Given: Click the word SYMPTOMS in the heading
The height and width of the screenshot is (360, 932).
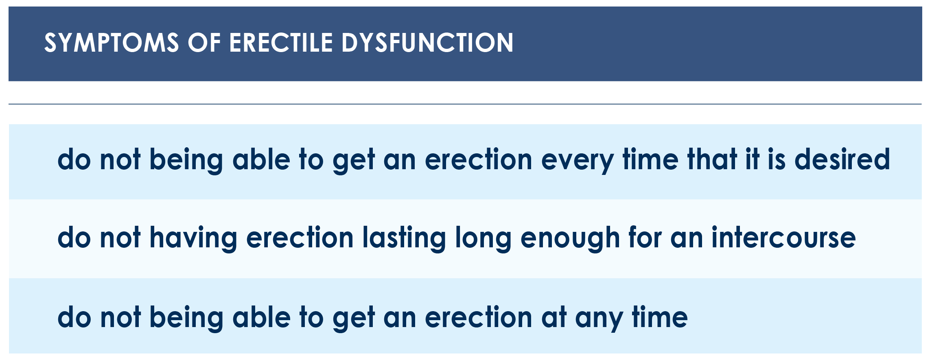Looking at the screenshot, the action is (112, 43).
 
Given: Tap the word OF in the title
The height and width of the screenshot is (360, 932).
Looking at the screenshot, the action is (204, 43).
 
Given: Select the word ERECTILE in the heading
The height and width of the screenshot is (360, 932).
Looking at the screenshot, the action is (281, 43).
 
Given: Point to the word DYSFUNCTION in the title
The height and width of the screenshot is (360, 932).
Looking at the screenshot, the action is (427, 43).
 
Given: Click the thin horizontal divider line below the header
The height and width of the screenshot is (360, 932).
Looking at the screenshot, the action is (465, 104).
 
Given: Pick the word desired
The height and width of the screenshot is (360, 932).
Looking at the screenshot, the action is (842, 159).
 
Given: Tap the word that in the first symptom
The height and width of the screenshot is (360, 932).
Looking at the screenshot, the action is (712, 159).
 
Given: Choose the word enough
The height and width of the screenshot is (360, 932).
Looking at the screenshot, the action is (570, 239).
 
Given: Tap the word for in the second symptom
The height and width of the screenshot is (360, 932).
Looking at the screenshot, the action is (645, 237).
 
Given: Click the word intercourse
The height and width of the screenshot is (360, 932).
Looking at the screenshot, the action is (783, 237).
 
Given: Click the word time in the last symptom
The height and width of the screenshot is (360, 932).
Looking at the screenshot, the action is (660, 317).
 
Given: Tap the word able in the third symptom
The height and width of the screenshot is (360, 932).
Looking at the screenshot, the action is (261, 317).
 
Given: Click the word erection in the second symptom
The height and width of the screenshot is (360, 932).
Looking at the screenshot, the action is (300, 237).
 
